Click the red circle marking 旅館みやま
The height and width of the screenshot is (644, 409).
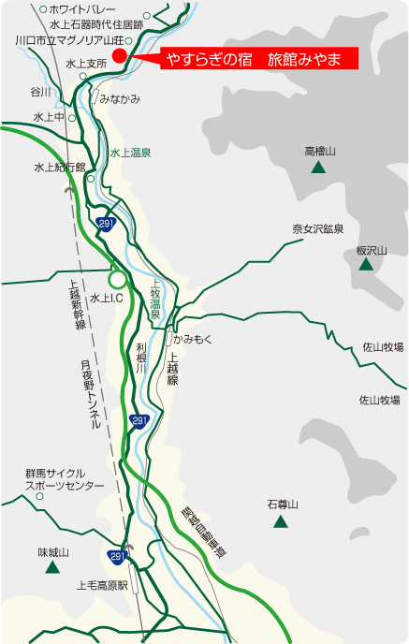click(x=119, y=57)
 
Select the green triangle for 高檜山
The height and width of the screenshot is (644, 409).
click(x=318, y=168)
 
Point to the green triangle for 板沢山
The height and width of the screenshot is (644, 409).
click(x=365, y=266)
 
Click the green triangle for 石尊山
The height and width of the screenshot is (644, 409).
click(x=280, y=521)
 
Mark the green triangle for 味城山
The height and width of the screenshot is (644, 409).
click(x=53, y=566)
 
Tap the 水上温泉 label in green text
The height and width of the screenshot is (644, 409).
click(x=130, y=152)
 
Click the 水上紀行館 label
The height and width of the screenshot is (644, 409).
click(x=59, y=168)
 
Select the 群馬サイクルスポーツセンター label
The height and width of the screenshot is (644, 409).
click(x=65, y=480)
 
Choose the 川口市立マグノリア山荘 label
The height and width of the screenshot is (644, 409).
click(x=70, y=41)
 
